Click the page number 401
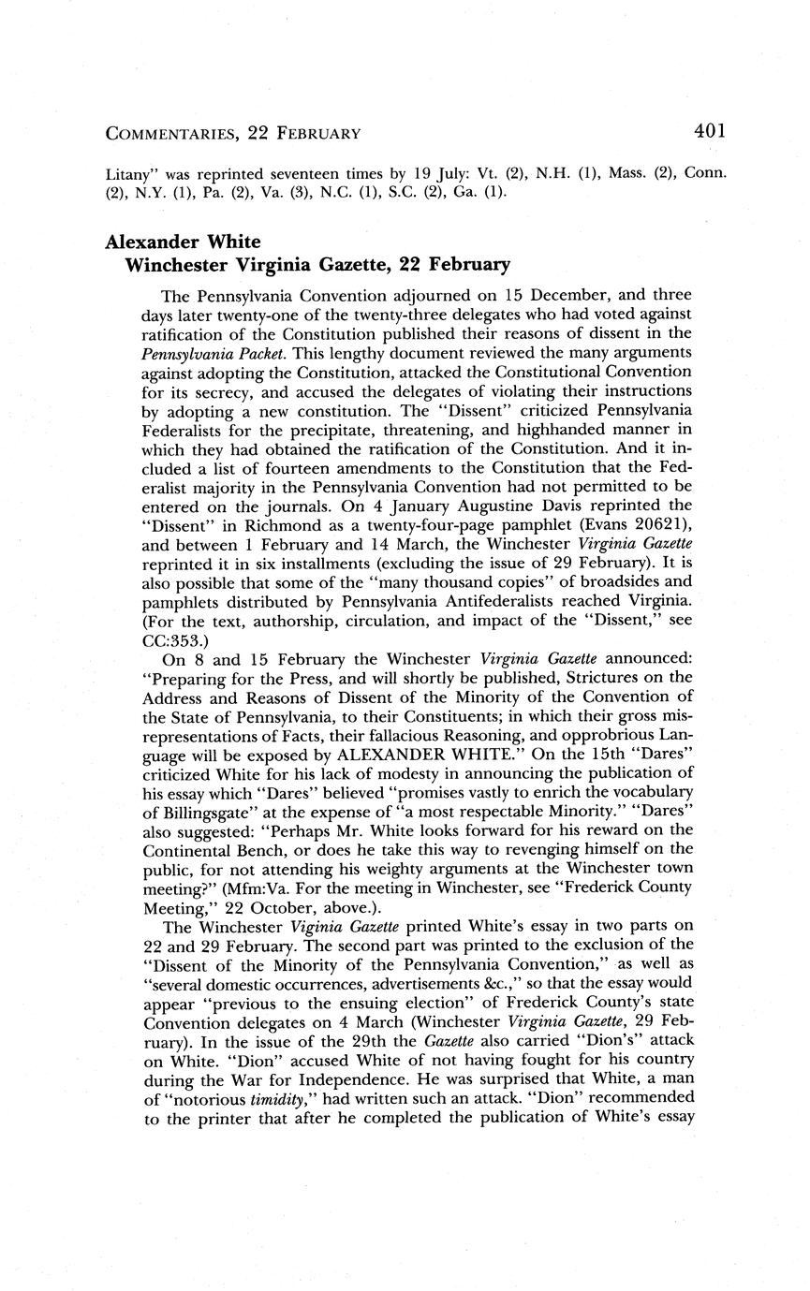[x=709, y=132]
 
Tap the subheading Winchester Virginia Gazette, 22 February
[x=317, y=265]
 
